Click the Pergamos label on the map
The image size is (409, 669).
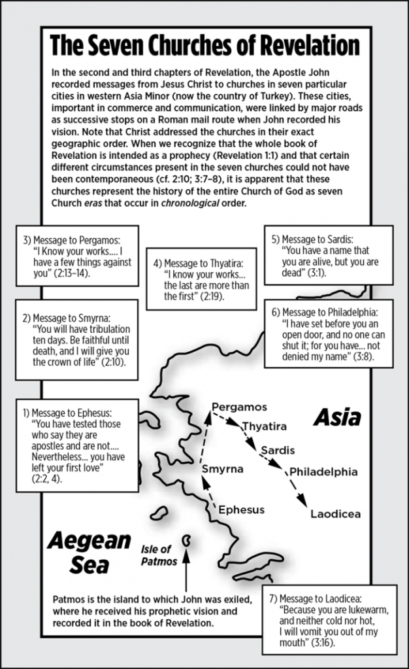[x=240, y=407]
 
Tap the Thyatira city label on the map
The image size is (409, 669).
[x=265, y=426]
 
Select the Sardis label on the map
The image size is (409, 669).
[x=277, y=450]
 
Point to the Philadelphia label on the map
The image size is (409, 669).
[x=323, y=472]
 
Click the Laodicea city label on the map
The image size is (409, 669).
[x=335, y=513]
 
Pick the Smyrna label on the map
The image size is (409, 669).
[x=222, y=469]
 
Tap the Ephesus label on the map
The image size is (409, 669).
[x=241, y=509]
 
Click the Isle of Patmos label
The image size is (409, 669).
[x=159, y=555]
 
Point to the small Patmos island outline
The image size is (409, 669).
[x=188, y=541]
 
